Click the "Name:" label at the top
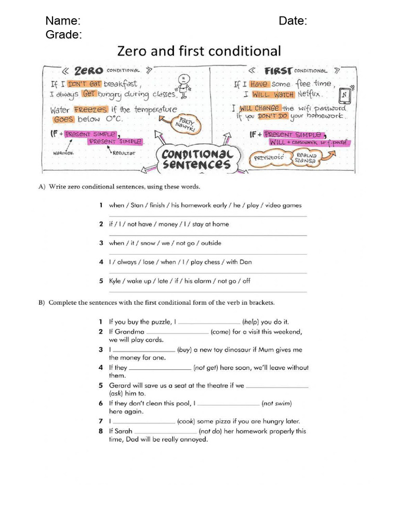click(x=63, y=21)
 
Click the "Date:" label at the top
click(x=292, y=21)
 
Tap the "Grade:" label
click(x=63, y=35)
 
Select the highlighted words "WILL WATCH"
click(x=273, y=95)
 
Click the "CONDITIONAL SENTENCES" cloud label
click(x=196, y=159)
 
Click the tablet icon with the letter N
click(x=344, y=96)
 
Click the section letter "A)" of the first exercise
click(x=42, y=187)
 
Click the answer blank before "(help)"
click(x=209, y=323)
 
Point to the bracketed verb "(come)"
click(x=220, y=331)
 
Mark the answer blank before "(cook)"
click(x=144, y=422)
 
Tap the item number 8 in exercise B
click(x=101, y=431)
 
